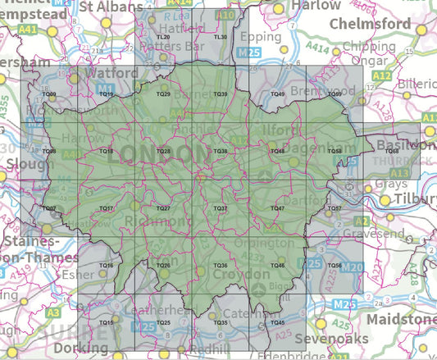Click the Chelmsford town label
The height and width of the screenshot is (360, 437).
tap(370, 25)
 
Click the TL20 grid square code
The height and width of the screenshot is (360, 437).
tap(163, 38)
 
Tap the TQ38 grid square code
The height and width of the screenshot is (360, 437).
tap(220, 152)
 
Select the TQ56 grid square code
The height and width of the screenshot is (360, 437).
tap(334, 266)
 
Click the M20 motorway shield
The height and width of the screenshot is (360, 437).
tap(352, 267)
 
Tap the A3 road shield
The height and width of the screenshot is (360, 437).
tap(53, 312)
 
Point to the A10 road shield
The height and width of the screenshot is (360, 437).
tap(228, 15)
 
